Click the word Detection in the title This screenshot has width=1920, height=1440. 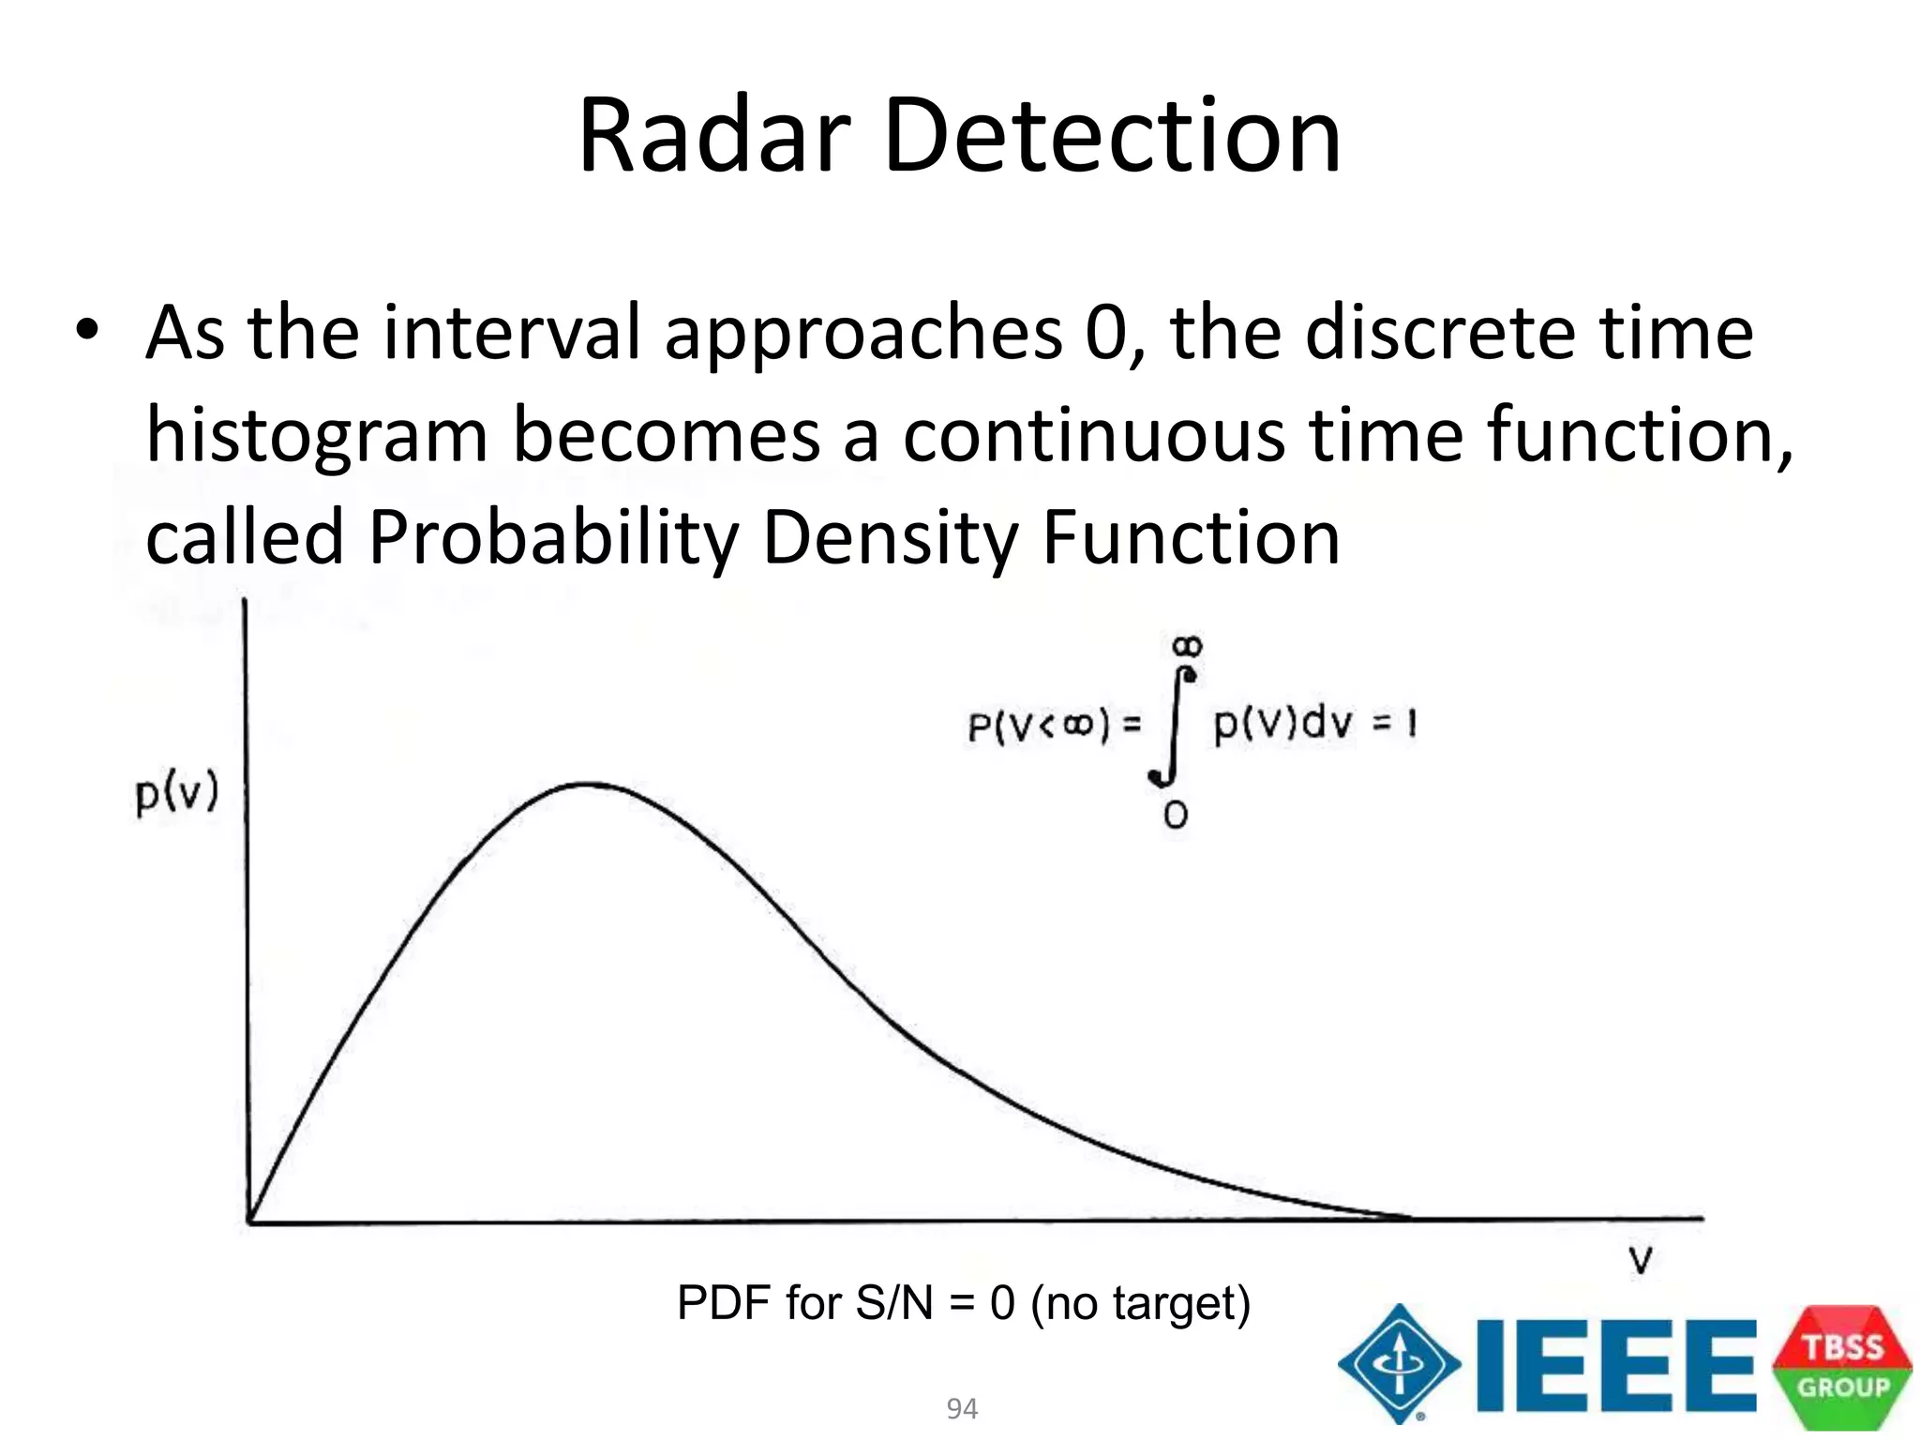[x=1112, y=136]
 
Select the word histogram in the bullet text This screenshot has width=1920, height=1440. [x=317, y=437]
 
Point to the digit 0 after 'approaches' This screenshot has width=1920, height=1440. [x=1106, y=333]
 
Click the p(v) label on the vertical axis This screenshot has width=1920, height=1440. [x=176, y=793]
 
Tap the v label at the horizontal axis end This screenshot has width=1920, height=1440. [x=1641, y=1261]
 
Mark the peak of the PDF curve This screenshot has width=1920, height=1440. [x=586, y=784]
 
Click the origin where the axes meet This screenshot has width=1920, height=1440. [x=249, y=1221]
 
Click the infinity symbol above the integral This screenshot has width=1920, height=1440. [x=1187, y=646]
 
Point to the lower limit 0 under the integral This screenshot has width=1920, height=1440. [x=1176, y=815]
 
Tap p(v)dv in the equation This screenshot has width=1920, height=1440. [x=1284, y=724]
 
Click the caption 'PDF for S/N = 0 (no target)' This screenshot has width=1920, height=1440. [x=964, y=1303]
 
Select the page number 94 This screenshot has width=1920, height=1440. [x=962, y=1408]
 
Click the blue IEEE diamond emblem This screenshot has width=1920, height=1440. [x=1399, y=1363]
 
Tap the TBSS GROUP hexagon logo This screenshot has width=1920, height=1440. [x=1842, y=1366]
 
